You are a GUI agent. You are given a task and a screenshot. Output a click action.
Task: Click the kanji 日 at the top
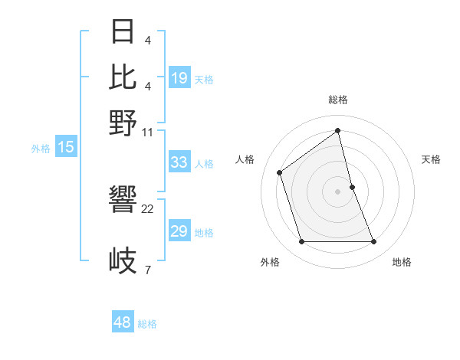[x=123, y=32]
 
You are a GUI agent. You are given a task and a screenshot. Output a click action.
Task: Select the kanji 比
[x=123, y=77]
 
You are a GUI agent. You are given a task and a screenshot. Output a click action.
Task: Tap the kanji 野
[x=123, y=123]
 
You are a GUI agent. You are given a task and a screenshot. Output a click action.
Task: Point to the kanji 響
[x=123, y=200]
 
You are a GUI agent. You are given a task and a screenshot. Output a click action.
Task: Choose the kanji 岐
[x=123, y=261]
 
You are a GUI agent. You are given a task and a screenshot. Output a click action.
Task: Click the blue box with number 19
[x=179, y=78]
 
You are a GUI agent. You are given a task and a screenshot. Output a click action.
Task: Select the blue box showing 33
[x=179, y=162]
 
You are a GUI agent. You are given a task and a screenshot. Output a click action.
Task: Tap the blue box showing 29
[x=179, y=231]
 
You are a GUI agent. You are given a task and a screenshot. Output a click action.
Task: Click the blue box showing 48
[x=123, y=322]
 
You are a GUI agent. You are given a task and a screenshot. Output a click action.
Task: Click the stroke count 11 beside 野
[x=148, y=133]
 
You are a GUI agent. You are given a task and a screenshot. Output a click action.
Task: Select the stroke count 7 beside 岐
[x=147, y=270]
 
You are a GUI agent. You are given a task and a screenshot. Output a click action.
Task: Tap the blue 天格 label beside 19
[x=204, y=79]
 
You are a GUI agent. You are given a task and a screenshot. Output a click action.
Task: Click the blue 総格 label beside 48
[x=147, y=324]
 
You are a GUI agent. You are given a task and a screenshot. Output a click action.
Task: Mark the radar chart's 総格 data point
[x=338, y=131]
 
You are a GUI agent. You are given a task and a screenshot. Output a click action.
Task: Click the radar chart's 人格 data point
[x=280, y=172]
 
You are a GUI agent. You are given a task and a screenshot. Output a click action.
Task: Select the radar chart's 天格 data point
[x=352, y=187]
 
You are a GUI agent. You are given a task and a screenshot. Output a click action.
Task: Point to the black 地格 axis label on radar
[x=402, y=262]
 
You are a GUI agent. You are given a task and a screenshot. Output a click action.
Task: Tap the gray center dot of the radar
[x=338, y=191]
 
